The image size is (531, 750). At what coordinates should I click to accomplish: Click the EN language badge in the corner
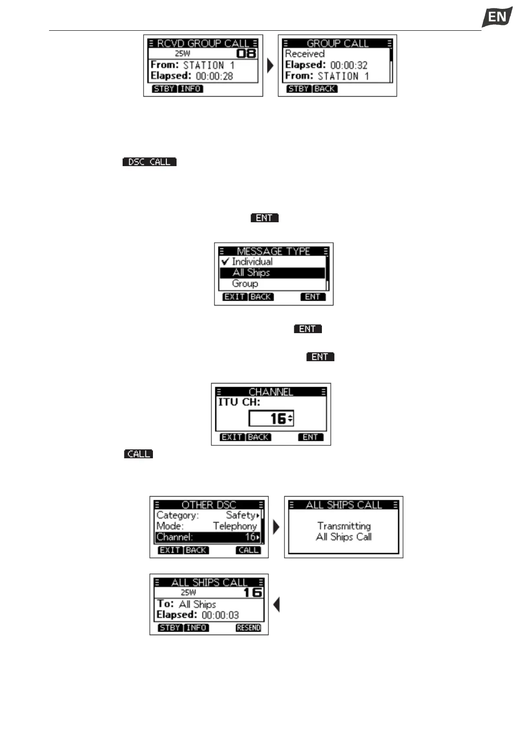497,17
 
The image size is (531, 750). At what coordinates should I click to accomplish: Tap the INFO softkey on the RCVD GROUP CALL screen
190,89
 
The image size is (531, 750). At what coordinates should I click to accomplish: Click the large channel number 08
246,54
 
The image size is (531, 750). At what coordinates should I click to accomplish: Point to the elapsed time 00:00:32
349,65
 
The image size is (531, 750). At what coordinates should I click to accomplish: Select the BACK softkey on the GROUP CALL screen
325,89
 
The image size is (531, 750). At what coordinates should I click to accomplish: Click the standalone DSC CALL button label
149,162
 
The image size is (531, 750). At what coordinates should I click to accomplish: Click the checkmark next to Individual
225,261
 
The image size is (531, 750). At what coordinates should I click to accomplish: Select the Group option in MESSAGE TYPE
245,284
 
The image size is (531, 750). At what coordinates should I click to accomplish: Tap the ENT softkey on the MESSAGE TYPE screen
313,297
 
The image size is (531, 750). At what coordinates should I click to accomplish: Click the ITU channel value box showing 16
271,419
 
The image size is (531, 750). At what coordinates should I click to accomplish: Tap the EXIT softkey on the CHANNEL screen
232,437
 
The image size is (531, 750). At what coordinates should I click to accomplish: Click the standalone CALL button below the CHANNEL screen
139,454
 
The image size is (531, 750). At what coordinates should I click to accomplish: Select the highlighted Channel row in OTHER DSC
208,537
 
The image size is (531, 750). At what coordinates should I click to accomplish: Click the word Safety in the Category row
240,515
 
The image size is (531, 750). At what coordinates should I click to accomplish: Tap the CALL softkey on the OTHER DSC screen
248,550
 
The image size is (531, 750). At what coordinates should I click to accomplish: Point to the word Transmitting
344,526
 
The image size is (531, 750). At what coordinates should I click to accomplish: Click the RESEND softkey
248,628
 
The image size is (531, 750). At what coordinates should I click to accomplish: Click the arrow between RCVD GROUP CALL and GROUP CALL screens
270,66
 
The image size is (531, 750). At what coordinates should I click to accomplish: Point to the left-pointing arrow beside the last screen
276,605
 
